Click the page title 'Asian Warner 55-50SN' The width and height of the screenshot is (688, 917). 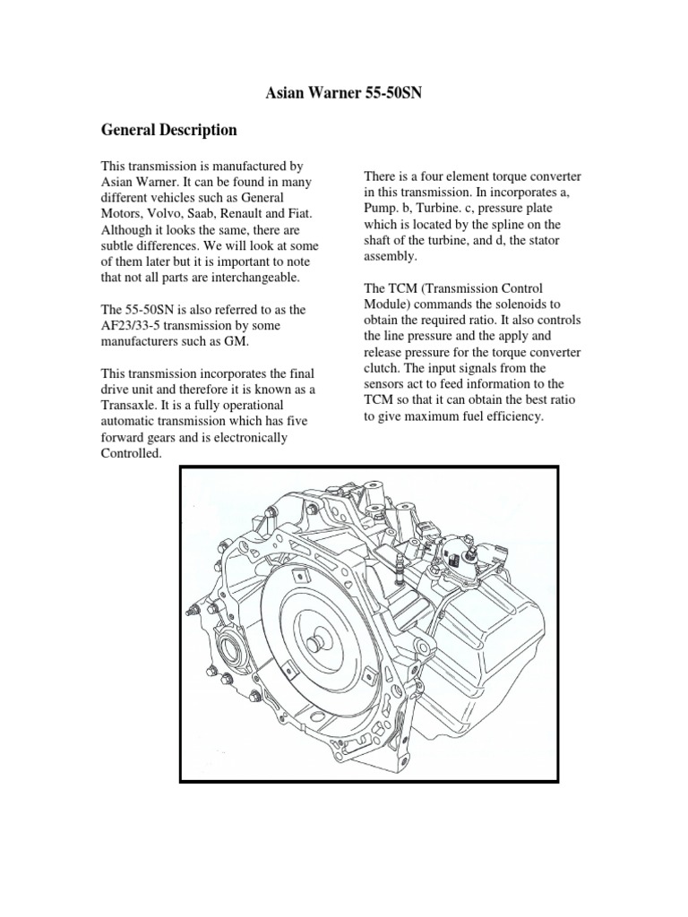[x=343, y=91]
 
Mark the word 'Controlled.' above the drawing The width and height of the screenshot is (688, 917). [x=131, y=454]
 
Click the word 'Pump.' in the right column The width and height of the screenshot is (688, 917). [x=383, y=208]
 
